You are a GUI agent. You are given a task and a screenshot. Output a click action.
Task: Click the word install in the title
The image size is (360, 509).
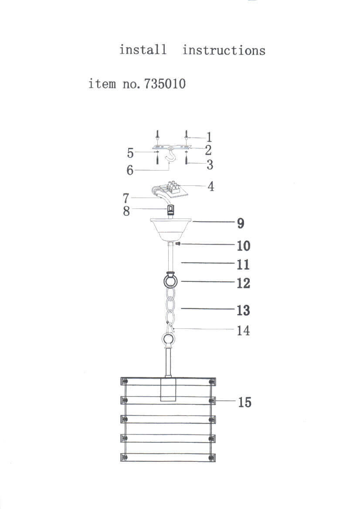(143, 50)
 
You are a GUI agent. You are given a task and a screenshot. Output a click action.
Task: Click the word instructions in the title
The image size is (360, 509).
(224, 50)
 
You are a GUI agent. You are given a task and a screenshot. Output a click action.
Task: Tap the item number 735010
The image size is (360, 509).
(162, 83)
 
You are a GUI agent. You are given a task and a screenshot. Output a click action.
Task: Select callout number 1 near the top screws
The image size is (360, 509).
(209, 137)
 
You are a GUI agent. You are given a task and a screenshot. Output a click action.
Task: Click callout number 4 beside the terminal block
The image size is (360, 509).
(211, 187)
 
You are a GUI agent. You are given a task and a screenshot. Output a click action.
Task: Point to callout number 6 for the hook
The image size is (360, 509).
(130, 170)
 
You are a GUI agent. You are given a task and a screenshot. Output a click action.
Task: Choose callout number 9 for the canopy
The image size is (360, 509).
(241, 223)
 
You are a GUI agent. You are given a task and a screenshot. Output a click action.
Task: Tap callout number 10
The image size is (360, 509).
(244, 246)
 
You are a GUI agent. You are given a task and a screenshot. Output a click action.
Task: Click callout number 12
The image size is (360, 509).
(243, 283)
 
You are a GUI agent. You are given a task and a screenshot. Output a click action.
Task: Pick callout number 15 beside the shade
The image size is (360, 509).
(245, 402)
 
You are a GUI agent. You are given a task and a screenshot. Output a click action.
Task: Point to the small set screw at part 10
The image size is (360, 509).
(179, 244)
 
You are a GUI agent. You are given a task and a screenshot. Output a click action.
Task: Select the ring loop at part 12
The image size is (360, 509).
(170, 281)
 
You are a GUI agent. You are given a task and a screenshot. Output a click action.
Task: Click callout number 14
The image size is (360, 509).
(243, 331)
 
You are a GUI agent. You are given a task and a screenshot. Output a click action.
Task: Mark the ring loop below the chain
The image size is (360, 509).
(168, 339)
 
